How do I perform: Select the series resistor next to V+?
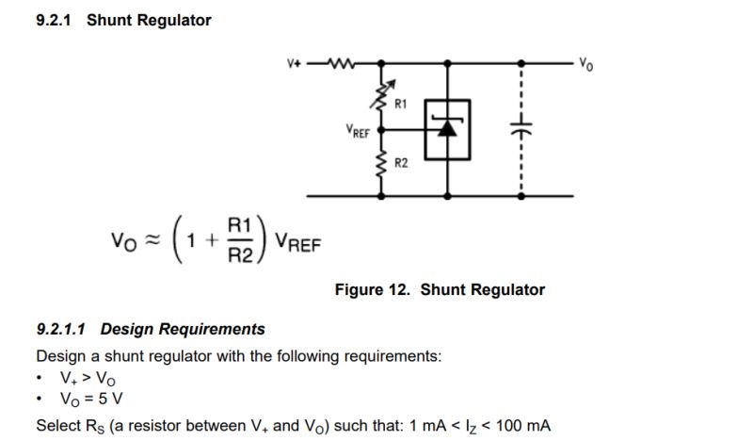[336, 64]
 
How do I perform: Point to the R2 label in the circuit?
[401, 164]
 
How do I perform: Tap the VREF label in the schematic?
[358, 131]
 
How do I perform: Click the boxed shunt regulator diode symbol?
[448, 128]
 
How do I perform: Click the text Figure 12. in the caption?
[374, 290]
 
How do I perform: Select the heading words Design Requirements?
[183, 329]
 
